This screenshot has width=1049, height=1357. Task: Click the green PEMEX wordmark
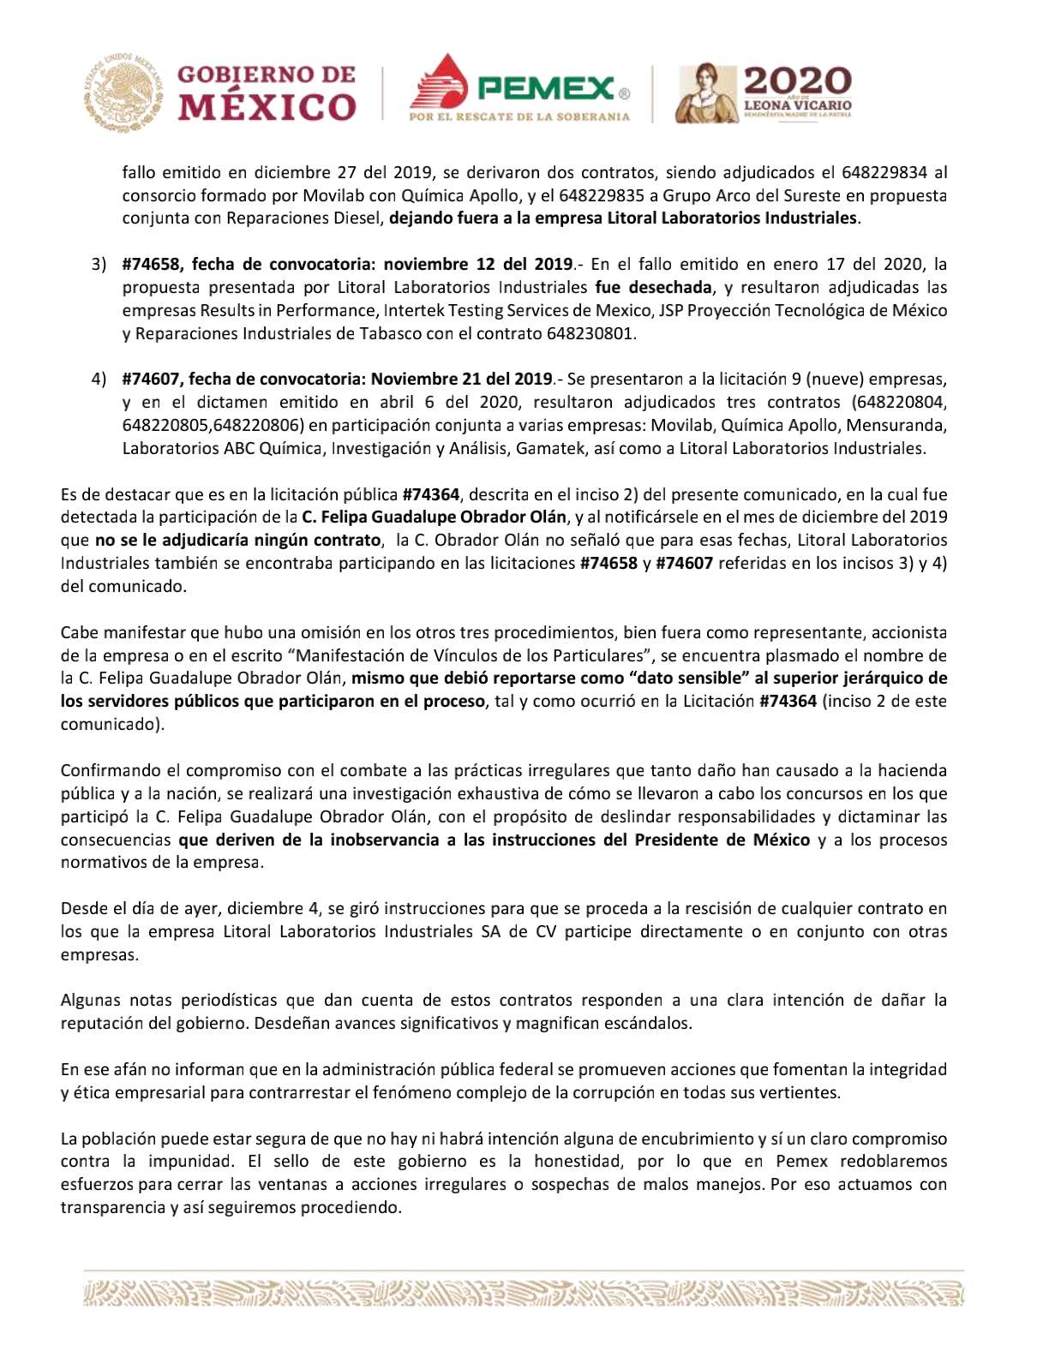pyautogui.click(x=548, y=87)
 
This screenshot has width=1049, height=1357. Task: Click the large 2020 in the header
pyautogui.click(x=797, y=81)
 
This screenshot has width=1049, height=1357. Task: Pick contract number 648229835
pyautogui.click(x=597, y=195)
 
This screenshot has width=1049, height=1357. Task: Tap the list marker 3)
pyautogui.click(x=99, y=265)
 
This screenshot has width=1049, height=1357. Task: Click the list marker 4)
pyautogui.click(x=99, y=380)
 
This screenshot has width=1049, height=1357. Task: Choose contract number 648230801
pyautogui.click(x=590, y=333)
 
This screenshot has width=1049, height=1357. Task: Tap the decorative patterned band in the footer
pyautogui.click(x=524, y=1293)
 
